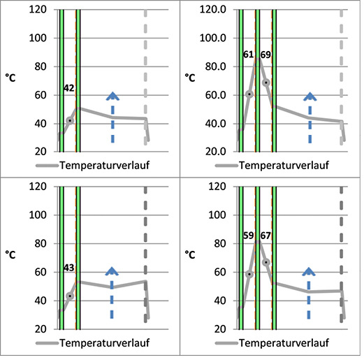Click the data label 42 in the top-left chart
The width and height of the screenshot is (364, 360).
(68, 89)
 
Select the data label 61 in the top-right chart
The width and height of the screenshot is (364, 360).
(248, 55)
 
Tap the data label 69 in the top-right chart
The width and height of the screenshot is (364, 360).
(265, 55)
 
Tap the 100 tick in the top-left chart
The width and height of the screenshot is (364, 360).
(36, 38)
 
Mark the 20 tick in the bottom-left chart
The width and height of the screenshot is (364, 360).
(38, 329)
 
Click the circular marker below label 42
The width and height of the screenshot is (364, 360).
(69, 120)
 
